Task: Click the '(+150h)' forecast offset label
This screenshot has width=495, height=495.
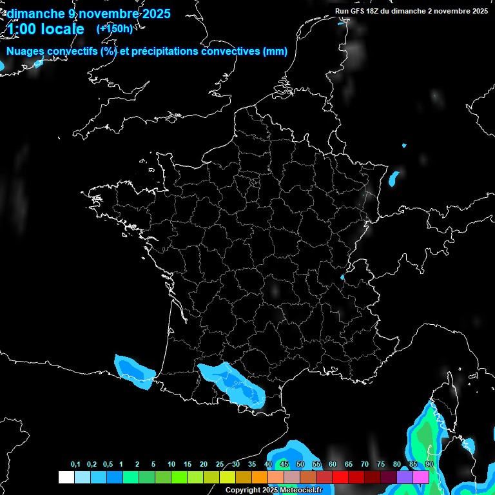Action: coord(115,29)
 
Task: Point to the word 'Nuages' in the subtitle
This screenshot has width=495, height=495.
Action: coord(26,52)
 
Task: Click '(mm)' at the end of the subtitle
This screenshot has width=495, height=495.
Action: coord(275,52)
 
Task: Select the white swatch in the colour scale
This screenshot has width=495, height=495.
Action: coord(66,477)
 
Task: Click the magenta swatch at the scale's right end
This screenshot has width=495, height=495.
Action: coord(421,477)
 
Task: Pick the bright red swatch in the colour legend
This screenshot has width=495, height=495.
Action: coord(340,477)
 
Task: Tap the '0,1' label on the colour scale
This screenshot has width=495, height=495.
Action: coord(75,465)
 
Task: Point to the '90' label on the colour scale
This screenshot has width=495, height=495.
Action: coord(429,465)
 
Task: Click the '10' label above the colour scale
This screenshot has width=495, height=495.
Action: coord(171,465)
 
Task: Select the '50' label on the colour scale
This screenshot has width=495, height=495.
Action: coord(300,465)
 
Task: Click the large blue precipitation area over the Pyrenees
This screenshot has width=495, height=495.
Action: coord(232,383)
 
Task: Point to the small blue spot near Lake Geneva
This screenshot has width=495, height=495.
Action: coord(342,278)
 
